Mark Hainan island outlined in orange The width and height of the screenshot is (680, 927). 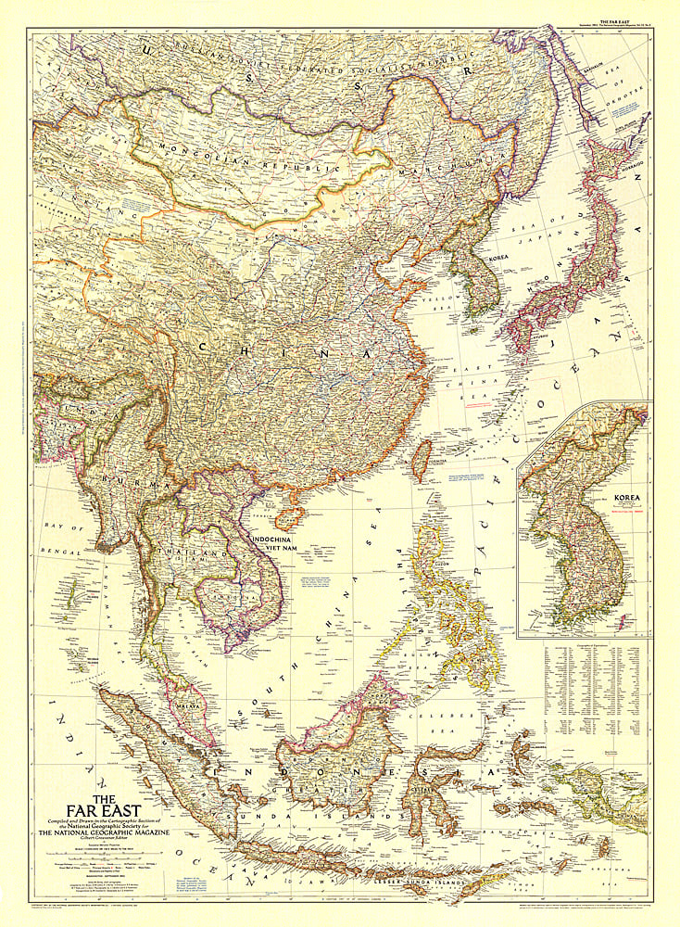point(290,517)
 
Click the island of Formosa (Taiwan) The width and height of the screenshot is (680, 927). point(421,460)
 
